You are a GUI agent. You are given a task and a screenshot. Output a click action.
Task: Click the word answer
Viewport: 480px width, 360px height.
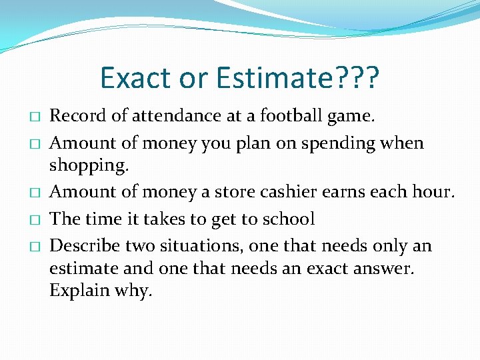(x=381, y=268)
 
